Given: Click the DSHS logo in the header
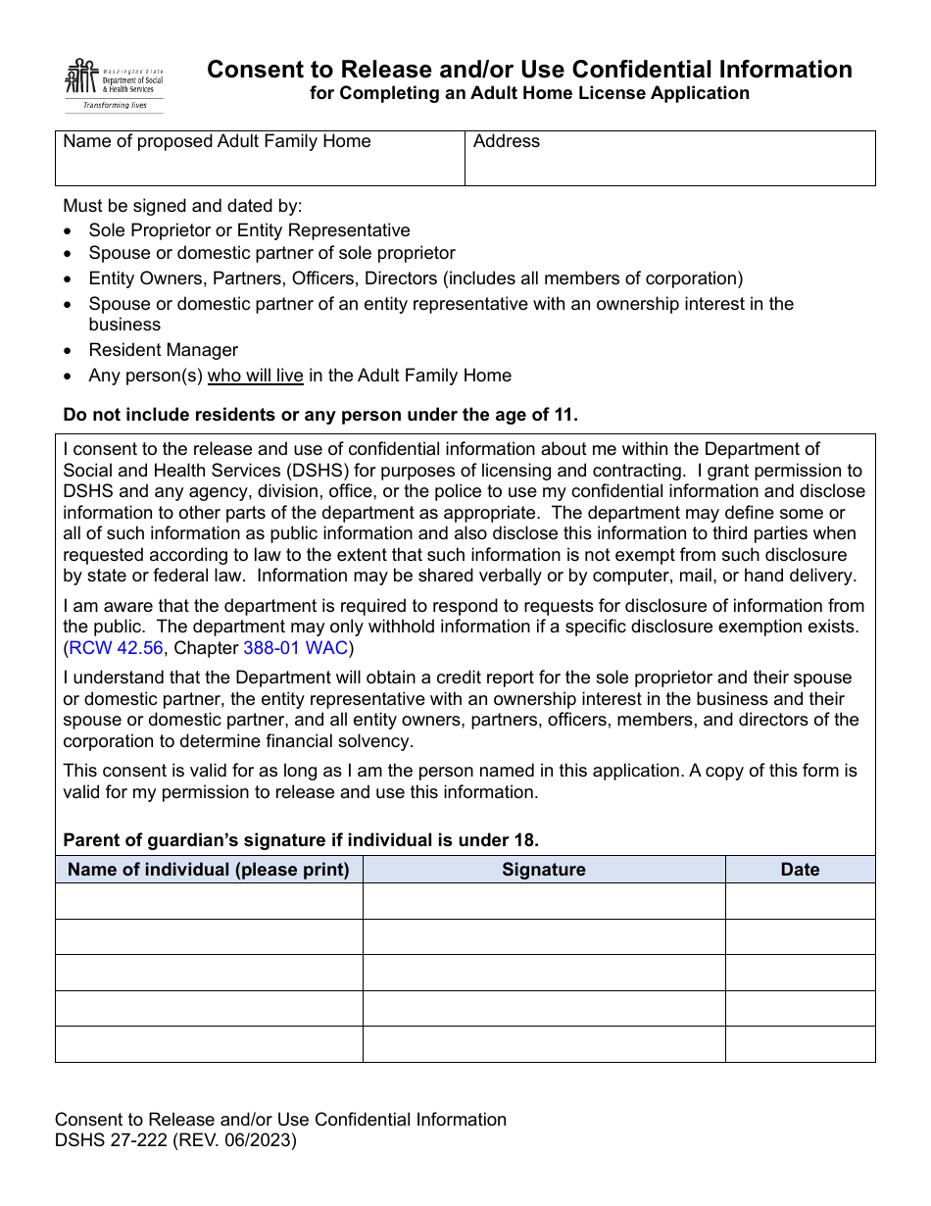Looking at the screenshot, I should tap(113, 84).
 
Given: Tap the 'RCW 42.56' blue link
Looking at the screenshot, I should tap(116, 648).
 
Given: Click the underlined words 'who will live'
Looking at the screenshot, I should tap(255, 376).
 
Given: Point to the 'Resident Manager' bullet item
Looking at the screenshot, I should tap(163, 350).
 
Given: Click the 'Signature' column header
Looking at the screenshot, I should tap(544, 870).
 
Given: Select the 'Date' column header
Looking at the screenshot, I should tap(800, 870).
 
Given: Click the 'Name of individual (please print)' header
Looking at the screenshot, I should tap(209, 870).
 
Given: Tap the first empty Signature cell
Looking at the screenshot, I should tap(544, 901).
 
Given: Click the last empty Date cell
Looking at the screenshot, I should tap(800, 1044).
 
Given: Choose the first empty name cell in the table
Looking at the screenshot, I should tap(209, 901).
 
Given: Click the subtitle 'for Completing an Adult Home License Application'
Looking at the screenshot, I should tap(529, 93).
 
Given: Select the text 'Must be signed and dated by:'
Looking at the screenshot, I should tap(182, 206).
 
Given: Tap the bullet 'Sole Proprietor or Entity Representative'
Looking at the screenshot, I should tap(249, 230).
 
